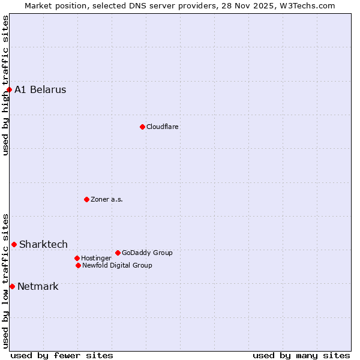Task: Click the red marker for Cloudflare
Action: coord(142,127)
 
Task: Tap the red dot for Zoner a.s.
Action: coord(86,199)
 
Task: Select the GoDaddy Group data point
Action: coord(118,253)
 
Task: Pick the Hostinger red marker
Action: coord(77,258)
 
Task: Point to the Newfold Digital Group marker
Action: coord(78,265)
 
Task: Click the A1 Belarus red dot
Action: coord(9,90)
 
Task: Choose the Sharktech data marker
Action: coord(14,244)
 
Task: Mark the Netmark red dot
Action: coord(12,286)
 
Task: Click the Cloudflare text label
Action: coord(163,127)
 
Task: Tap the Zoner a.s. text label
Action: coord(107,199)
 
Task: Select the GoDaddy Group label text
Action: coord(147,253)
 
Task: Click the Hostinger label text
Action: coord(96,258)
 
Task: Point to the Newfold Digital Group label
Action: coord(117,265)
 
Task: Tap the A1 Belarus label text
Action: coord(40,90)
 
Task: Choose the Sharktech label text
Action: coord(43,244)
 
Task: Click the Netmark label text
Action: coord(38,286)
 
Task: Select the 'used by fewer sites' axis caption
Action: coord(62,355)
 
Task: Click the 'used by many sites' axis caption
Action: coord(301,355)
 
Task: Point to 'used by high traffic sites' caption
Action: coord(5,85)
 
